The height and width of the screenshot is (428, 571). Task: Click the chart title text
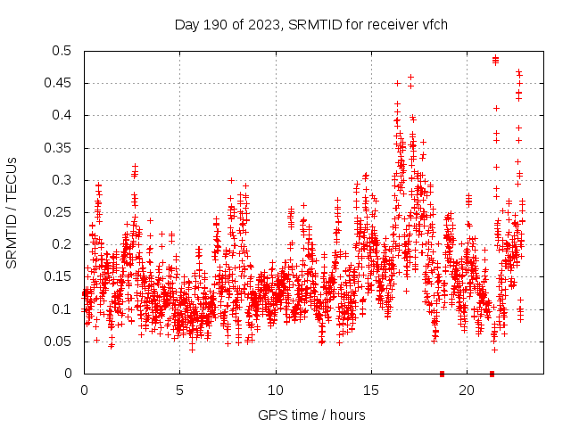pyautogui.click(x=310, y=24)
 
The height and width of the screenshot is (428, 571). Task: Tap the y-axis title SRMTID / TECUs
pyautogui.click(x=12, y=212)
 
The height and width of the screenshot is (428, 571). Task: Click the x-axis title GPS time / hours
pyautogui.click(x=310, y=415)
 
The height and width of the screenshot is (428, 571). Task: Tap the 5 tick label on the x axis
pyautogui.click(x=180, y=391)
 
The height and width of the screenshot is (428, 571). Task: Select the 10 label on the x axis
pyautogui.click(x=276, y=391)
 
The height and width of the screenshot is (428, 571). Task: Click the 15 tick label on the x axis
pyautogui.click(x=371, y=391)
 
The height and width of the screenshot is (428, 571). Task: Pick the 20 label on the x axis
pyautogui.click(x=467, y=391)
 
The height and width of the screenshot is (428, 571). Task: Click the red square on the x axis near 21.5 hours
pyautogui.click(x=492, y=374)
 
